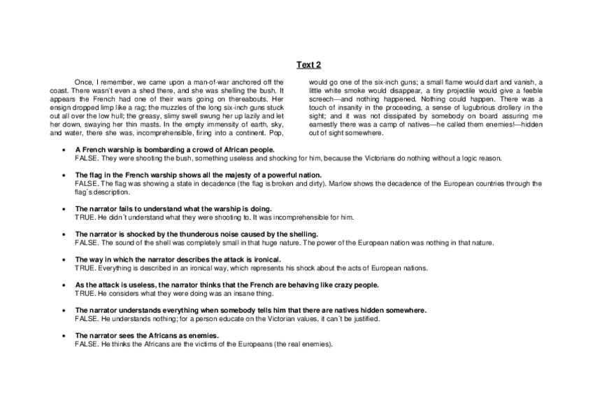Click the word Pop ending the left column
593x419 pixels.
(277, 132)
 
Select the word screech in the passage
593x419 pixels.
(324, 99)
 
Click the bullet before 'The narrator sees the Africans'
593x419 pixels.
(64, 336)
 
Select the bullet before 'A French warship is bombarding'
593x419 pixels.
(64, 150)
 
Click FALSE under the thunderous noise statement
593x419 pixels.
(87, 243)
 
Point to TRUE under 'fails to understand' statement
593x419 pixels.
(85, 217)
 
